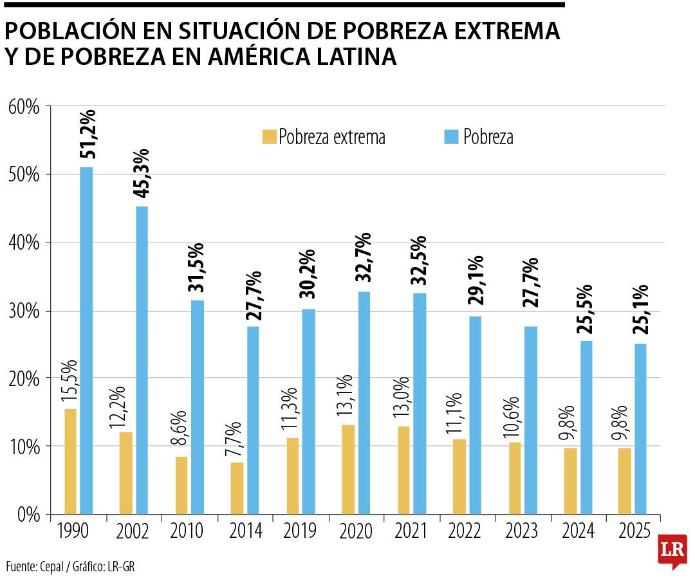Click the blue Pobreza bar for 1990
click(x=86, y=341)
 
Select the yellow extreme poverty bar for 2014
click(x=237, y=488)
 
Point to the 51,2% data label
click(x=88, y=134)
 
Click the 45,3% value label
click(x=142, y=173)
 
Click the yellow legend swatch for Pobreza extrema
click(x=268, y=137)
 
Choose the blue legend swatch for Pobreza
click(x=450, y=137)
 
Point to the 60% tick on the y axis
click(x=24, y=107)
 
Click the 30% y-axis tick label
click(x=24, y=311)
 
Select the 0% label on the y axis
click(x=28, y=515)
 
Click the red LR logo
click(x=672, y=551)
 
